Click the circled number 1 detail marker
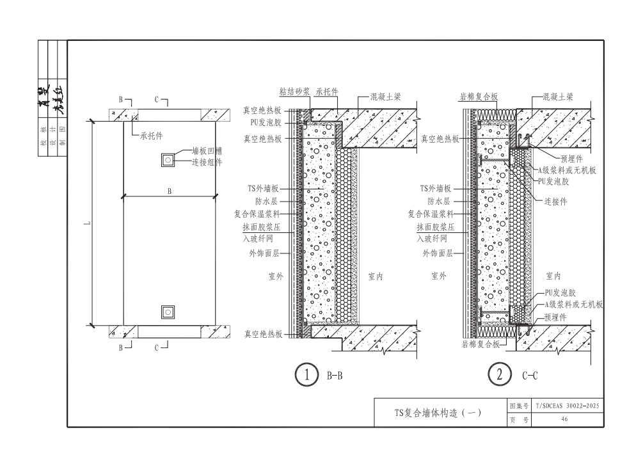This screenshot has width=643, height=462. [307, 375]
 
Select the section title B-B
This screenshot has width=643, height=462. [335, 376]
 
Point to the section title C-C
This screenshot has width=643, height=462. [528, 376]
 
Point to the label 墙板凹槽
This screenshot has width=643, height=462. [207, 152]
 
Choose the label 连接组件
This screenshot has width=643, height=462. [207, 162]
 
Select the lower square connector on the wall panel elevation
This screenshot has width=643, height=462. [168, 312]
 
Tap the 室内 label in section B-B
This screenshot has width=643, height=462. [376, 276]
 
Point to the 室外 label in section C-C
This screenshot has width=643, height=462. [439, 276]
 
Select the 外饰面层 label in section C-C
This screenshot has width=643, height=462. [438, 253]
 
